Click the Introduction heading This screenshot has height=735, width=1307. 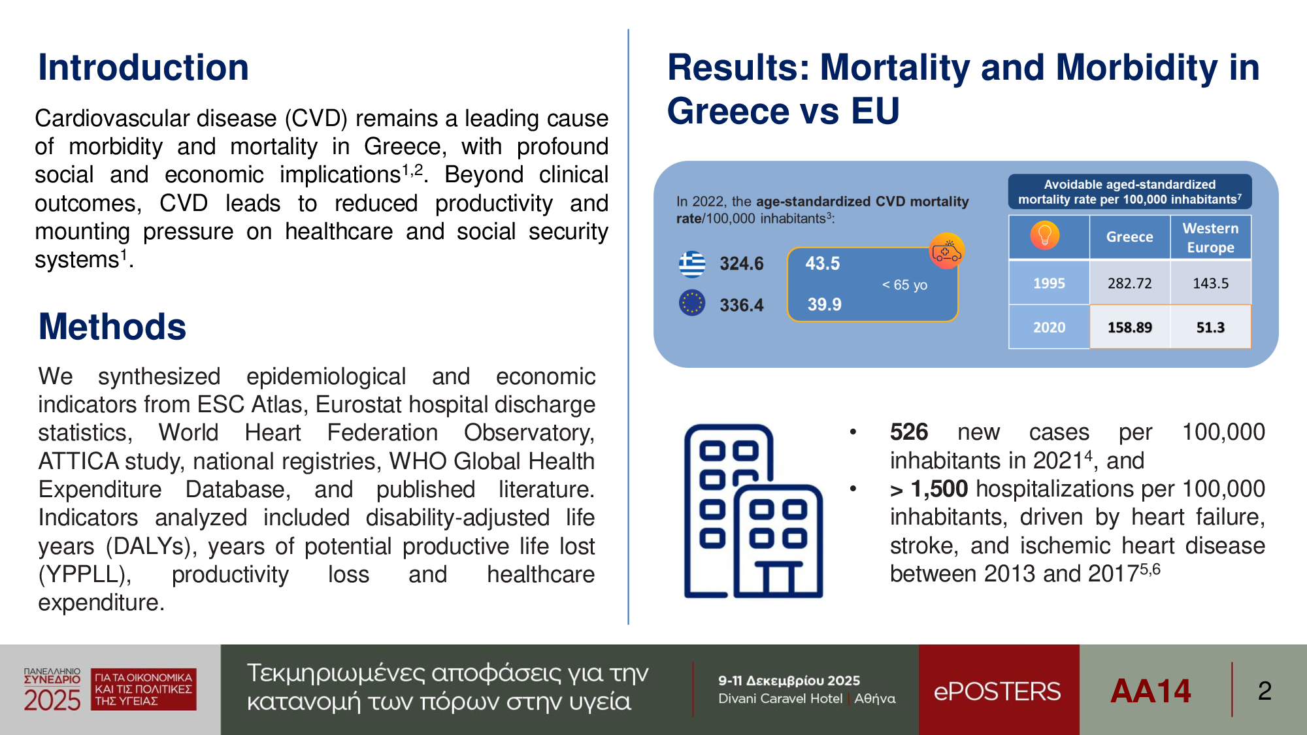click(x=143, y=67)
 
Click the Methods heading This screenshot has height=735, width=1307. click(x=112, y=327)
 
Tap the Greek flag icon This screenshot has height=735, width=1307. click(x=692, y=264)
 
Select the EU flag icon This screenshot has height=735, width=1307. click(x=692, y=303)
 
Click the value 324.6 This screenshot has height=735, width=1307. click(x=742, y=264)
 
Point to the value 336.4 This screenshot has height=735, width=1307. click(x=742, y=305)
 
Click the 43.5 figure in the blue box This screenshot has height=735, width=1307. click(x=823, y=264)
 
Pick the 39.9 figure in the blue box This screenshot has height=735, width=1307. click(x=825, y=304)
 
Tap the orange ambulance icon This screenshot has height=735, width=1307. click(x=946, y=251)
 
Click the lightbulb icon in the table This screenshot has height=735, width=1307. click(x=1045, y=235)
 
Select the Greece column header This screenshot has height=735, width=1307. click(x=1129, y=237)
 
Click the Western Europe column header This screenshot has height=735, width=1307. click(x=1210, y=238)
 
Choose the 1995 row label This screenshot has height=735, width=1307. click(x=1049, y=284)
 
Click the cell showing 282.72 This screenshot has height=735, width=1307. click(x=1129, y=284)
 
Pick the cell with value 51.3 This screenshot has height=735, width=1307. click(x=1210, y=327)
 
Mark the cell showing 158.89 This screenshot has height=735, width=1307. click(x=1129, y=327)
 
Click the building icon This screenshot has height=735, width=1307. click(x=753, y=511)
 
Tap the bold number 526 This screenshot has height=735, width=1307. click(x=909, y=432)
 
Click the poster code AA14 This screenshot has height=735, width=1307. click(x=1150, y=691)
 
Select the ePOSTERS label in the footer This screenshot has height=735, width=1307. click(x=997, y=691)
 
